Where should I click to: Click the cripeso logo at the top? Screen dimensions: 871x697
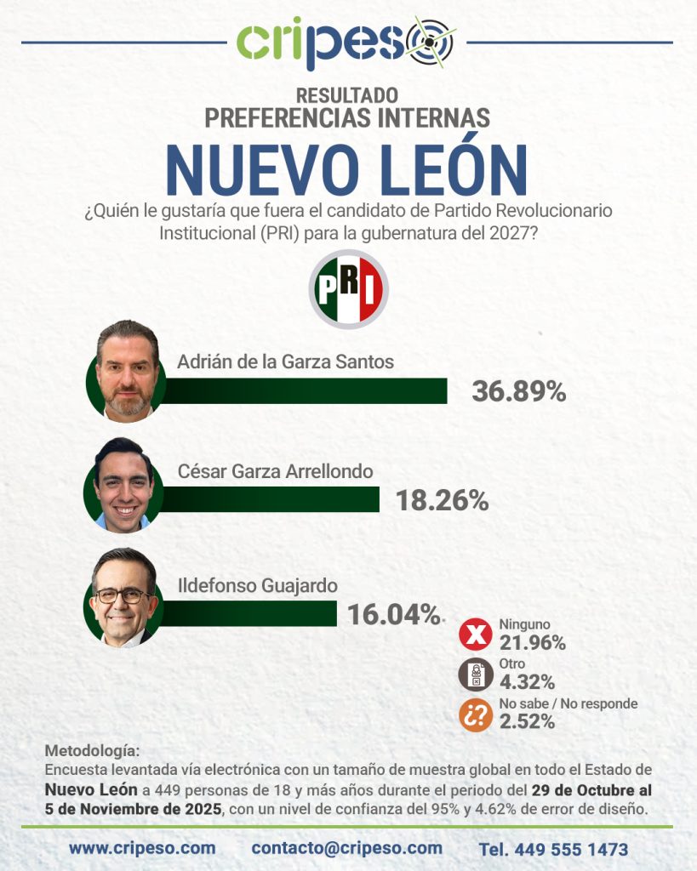pyautogui.click(x=346, y=43)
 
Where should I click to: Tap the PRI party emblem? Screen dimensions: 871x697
pyautogui.click(x=348, y=289)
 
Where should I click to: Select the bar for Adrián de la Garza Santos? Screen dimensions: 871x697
pyautogui.click(x=302, y=390)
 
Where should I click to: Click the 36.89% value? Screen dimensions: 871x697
pyautogui.click(x=518, y=391)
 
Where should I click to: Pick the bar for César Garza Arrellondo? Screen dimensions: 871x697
pyautogui.click(x=268, y=499)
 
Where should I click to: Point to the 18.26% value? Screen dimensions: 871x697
pyautogui.click(x=442, y=500)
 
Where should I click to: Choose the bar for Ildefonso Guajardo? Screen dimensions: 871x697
pyautogui.click(x=247, y=612)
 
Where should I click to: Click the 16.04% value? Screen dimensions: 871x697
pyautogui.click(x=393, y=613)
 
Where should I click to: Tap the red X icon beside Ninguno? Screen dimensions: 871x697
pyautogui.click(x=475, y=635)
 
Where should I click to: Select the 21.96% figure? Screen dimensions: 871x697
pyautogui.click(x=532, y=643)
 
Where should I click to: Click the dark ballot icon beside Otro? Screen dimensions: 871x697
pyautogui.click(x=475, y=675)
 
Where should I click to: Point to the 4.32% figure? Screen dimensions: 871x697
pyautogui.click(x=527, y=681)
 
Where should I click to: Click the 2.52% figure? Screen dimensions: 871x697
pyautogui.click(x=527, y=722)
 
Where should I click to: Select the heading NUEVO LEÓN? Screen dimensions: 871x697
pyautogui.click(x=346, y=170)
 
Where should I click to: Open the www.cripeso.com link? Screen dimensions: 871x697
pyautogui.click(x=142, y=848)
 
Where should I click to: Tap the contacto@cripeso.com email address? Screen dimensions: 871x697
pyautogui.click(x=347, y=848)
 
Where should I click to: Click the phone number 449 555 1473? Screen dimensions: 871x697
pyautogui.click(x=553, y=849)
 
